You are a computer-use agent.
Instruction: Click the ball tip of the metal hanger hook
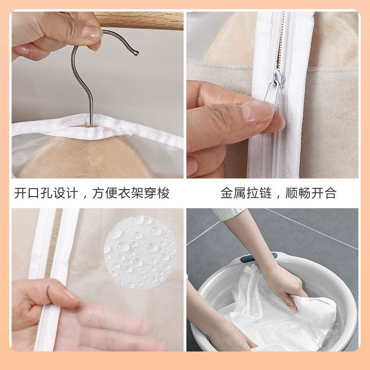coord(136,53)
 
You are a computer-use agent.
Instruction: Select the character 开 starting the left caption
coord(20,193)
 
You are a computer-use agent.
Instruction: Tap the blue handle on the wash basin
coord(257,258)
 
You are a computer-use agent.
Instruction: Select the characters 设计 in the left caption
coord(66,193)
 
